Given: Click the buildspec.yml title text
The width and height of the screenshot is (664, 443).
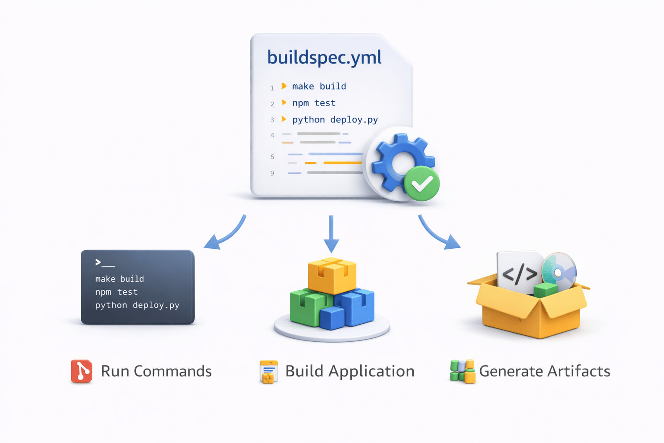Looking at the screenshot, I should [x=324, y=58].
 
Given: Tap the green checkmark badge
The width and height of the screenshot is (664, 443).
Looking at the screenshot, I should [x=421, y=183].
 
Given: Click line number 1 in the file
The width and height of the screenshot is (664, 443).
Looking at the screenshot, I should [x=272, y=88].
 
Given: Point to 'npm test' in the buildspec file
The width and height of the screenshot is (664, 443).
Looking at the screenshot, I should [x=314, y=103].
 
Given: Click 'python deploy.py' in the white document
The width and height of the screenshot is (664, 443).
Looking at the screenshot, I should [x=335, y=120].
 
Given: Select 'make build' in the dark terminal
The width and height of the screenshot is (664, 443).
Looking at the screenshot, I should [x=119, y=279].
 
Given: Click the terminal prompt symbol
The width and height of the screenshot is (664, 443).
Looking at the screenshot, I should [x=99, y=262].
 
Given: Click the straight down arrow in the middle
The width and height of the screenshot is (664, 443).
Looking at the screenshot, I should [x=331, y=234].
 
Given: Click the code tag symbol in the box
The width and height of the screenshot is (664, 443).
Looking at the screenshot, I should [x=520, y=274].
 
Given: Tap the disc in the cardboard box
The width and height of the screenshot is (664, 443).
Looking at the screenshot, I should [x=559, y=271].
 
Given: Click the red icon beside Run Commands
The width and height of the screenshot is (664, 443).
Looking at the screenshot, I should [x=82, y=371].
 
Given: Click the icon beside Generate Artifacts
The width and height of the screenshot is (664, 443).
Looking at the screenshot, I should [x=462, y=371].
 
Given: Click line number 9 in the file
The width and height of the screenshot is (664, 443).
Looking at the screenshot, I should [x=272, y=173].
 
